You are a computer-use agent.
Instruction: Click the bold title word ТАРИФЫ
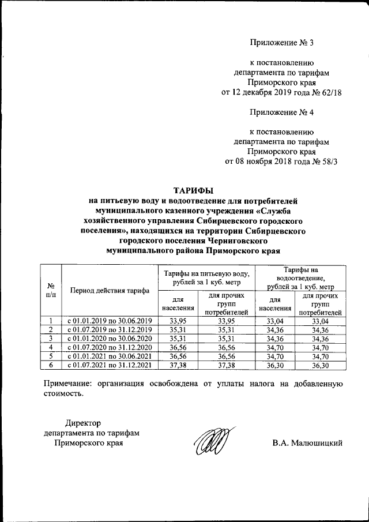click(193, 189)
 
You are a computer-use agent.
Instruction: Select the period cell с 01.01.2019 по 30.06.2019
click(109, 321)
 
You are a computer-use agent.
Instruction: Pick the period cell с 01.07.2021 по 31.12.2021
click(109, 365)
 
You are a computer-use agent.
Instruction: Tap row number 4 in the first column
click(51, 347)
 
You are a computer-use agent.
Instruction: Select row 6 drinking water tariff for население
click(177, 365)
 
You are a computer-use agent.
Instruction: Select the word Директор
click(83, 423)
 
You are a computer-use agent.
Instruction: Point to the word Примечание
click(69, 384)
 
